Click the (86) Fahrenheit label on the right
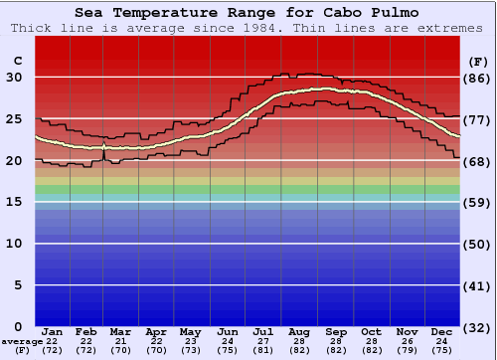pyautogui.click(x=476, y=78)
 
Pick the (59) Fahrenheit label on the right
pyautogui.click(x=476, y=202)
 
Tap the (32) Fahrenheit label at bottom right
pyautogui.click(x=476, y=327)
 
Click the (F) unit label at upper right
pyautogui.click(x=476, y=62)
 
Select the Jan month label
pyautogui.click(x=53, y=331)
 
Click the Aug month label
pyautogui.click(x=299, y=331)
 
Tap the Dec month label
pyautogui.click(x=443, y=331)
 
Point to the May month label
pyautogui.click(x=189, y=331)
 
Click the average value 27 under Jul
pyautogui.click(x=263, y=342)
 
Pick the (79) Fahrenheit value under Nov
pyautogui.click(x=406, y=352)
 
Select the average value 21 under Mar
pyautogui.click(x=119, y=342)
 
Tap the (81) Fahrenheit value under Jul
pyautogui.click(x=263, y=352)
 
